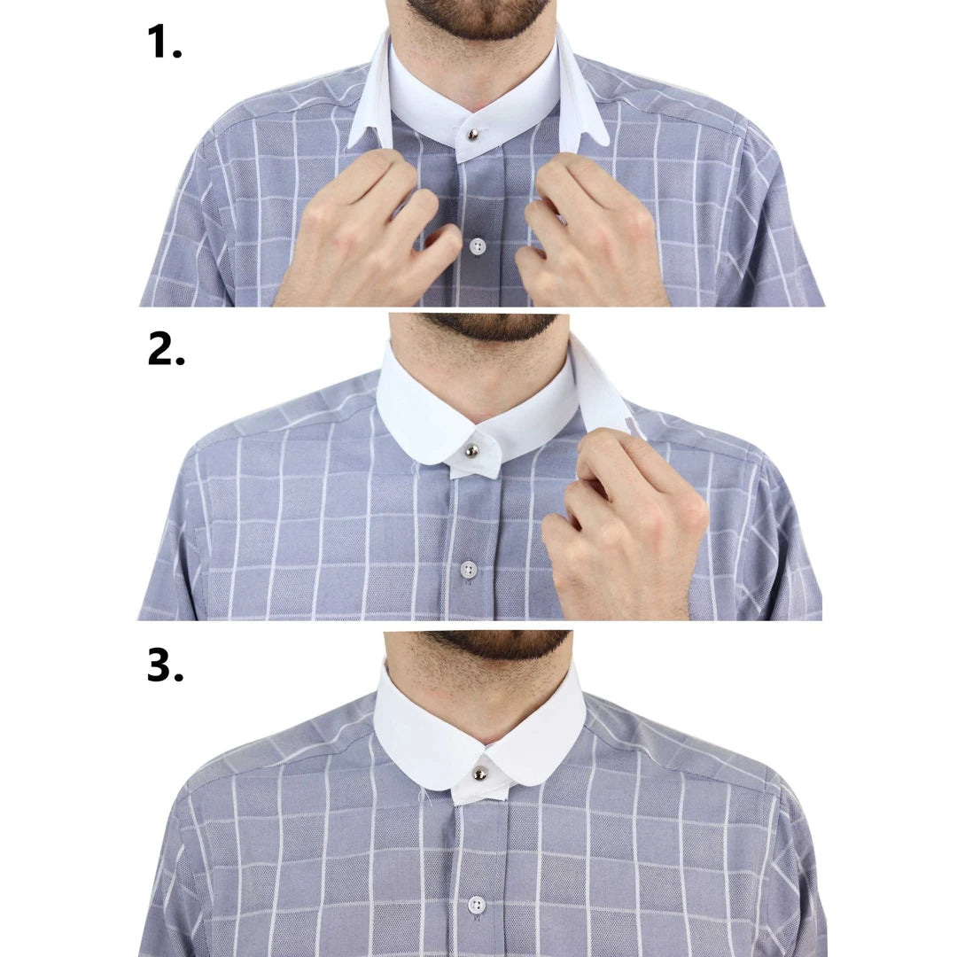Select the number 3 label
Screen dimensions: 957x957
[x=165, y=665]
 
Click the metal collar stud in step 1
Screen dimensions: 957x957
[x=473, y=135]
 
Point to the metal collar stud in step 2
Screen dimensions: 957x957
[x=472, y=451]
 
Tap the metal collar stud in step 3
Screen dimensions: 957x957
[x=479, y=773]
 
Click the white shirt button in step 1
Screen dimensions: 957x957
[x=478, y=245]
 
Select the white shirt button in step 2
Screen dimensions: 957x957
[x=469, y=569]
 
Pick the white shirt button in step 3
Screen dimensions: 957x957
[x=477, y=905]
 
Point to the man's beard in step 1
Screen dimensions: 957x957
[x=478, y=16]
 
